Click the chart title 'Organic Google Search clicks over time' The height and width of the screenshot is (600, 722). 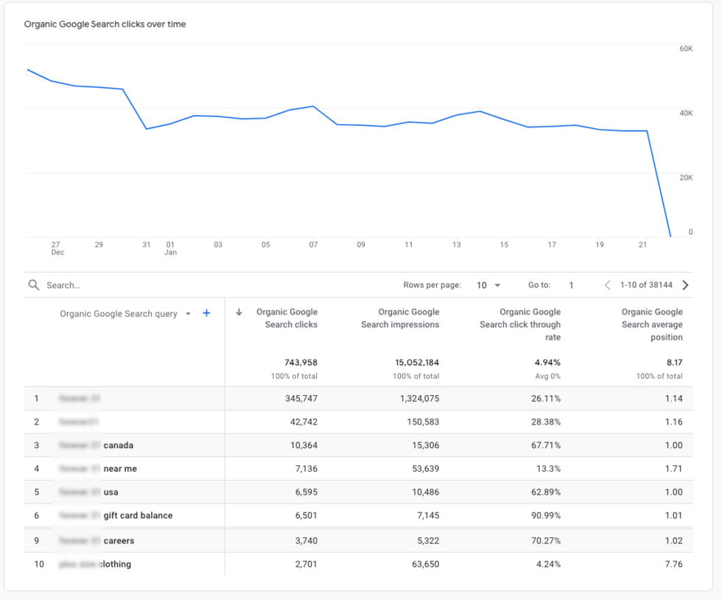[105, 24]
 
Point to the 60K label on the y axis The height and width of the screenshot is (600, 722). [685, 49]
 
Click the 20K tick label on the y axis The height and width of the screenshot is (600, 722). [685, 178]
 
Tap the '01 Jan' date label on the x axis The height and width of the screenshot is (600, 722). [170, 248]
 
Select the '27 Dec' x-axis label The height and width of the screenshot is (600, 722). [57, 248]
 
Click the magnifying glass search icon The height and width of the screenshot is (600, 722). [33, 285]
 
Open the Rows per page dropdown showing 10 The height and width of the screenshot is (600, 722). [488, 285]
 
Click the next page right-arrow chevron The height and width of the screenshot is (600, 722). [685, 285]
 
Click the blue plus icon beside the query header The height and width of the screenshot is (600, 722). [206, 313]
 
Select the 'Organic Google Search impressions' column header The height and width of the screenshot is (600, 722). [400, 318]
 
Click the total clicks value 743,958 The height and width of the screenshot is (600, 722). [301, 363]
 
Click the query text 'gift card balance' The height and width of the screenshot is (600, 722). [138, 515]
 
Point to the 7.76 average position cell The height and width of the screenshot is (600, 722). [673, 565]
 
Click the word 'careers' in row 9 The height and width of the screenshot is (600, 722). [119, 541]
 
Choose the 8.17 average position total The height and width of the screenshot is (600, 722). [673, 363]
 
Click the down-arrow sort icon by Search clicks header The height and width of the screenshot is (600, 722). [239, 313]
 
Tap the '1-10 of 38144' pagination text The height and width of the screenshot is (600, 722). [646, 285]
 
